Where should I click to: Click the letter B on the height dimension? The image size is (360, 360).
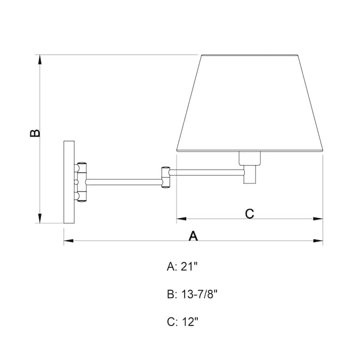(35, 133)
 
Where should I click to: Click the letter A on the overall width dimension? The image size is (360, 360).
(193, 236)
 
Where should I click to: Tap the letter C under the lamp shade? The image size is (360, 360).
(250, 213)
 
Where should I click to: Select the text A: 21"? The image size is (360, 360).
(182, 267)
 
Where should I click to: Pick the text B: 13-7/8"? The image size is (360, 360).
(192, 294)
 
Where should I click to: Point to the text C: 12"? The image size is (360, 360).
(182, 322)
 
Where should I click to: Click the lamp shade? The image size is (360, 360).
(250, 103)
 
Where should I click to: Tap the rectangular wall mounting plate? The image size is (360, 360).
(69, 182)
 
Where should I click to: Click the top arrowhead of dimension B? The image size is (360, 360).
(40, 59)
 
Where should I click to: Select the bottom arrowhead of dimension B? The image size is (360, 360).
(40, 218)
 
